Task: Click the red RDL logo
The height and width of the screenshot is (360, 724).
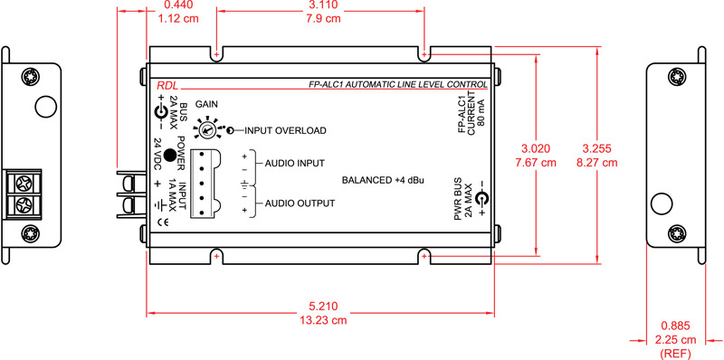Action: (167, 84)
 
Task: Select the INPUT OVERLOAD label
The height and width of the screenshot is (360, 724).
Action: (285, 130)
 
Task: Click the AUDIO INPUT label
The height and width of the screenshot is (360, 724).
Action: (295, 164)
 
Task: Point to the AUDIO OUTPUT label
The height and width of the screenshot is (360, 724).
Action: (300, 204)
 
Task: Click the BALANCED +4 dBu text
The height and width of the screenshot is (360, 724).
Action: (383, 179)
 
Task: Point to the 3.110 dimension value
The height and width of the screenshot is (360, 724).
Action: (320, 5)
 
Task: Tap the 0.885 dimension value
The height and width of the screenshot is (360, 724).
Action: (675, 325)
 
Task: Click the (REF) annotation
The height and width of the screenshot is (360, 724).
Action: (675, 352)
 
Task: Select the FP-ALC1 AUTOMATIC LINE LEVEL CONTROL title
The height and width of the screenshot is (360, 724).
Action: (397, 84)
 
